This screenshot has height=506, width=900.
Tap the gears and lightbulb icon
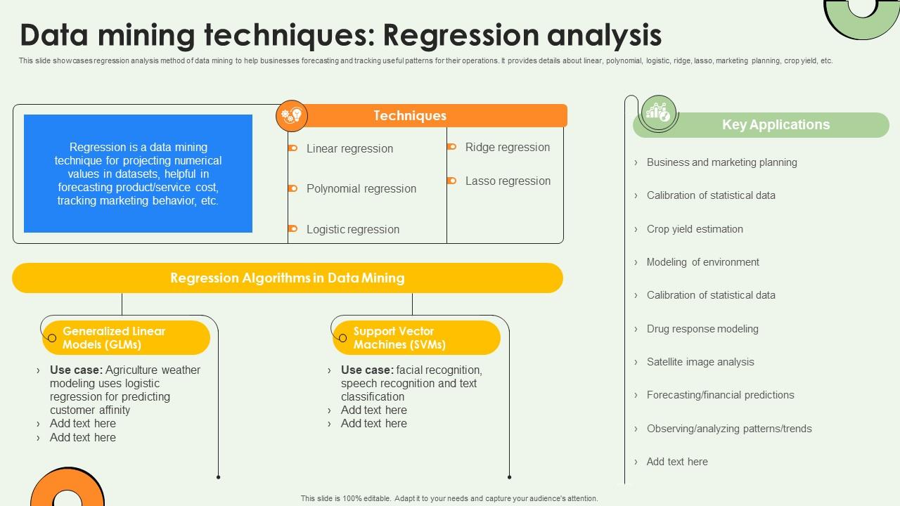(x=291, y=116)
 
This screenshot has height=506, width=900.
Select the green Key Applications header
(x=775, y=125)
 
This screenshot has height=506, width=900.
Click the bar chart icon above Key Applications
(x=659, y=112)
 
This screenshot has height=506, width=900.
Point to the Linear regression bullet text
(x=349, y=148)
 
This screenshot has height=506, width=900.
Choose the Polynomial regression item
(x=361, y=188)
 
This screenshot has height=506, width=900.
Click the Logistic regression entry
(x=352, y=229)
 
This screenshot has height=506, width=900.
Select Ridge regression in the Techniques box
(x=507, y=147)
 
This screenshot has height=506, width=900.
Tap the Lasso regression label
(x=507, y=181)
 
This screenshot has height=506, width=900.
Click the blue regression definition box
(x=138, y=174)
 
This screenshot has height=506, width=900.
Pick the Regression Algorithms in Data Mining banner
(x=287, y=278)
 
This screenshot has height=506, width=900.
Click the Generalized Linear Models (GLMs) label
(x=114, y=338)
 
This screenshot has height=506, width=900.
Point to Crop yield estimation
(x=694, y=229)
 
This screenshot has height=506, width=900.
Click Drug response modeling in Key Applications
(x=702, y=329)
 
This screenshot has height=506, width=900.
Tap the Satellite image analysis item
(x=700, y=362)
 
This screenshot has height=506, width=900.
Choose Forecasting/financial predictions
(x=720, y=395)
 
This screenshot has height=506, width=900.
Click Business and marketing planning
(x=721, y=162)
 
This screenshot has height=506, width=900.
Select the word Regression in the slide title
(x=465, y=35)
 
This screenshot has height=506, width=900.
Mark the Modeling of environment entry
(x=702, y=262)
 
